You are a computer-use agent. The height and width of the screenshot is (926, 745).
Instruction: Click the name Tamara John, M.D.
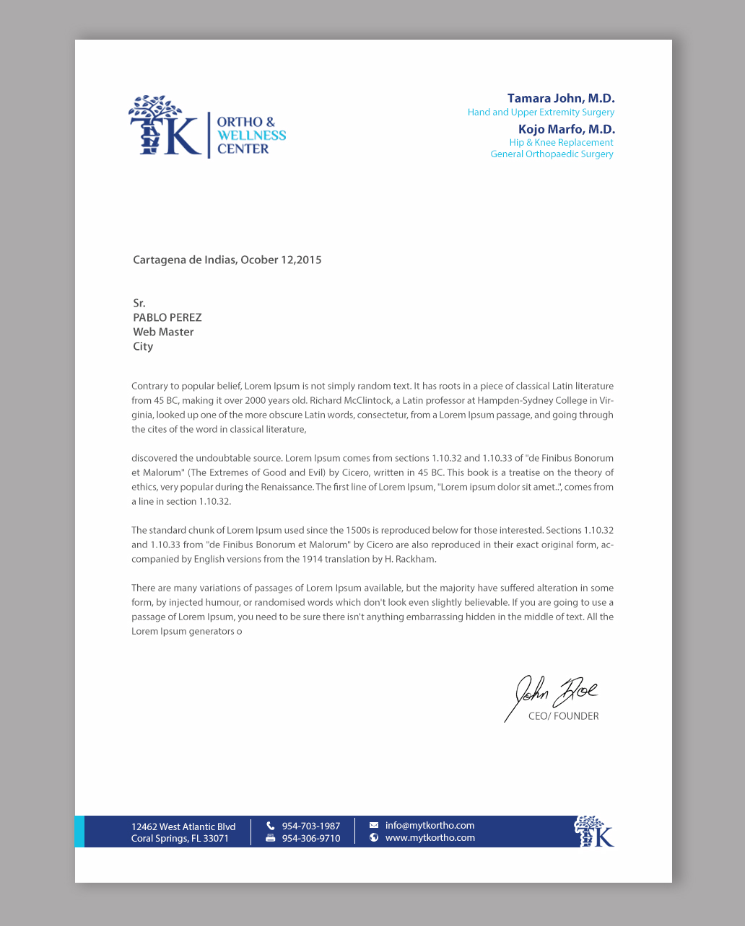pyautogui.click(x=561, y=99)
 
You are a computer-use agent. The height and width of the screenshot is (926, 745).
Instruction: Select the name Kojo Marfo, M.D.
pyautogui.click(x=567, y=130)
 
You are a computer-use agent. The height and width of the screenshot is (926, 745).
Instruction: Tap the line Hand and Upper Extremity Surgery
pyautogui.click(x=541, y=113)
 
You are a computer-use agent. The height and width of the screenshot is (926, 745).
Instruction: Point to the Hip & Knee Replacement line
pyautogui.click(x=561, y=143)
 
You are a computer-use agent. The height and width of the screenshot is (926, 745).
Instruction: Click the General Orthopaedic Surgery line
pyautogui.click(x=552, y=154)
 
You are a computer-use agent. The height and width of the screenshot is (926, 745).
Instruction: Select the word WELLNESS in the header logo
pyautogui.click(x=251, y=136)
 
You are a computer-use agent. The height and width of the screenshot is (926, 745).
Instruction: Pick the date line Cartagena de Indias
pyautogui.click(x=227, y=260)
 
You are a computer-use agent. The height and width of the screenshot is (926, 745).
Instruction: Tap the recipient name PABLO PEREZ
pyautogui.click(x=167, y=318)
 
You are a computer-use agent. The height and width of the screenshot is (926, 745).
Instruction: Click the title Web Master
pyautogui.click(x=163, y=332)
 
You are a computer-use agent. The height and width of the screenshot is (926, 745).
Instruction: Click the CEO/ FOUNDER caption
pyautogui.click(x=563, y=717)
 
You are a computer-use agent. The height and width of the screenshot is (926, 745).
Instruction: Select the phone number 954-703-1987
pyautogui.click(x=311, y=826)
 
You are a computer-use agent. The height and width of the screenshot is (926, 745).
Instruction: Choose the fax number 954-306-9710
pyautogui.click(x=311, y=839)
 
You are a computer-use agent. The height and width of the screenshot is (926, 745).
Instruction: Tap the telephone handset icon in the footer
pyautogui.click(x=271, y=826)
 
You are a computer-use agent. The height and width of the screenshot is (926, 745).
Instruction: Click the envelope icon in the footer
pyautogui.click(x=374, y=825)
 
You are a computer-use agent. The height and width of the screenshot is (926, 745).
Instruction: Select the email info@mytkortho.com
pyautogui.click(x=430, y=826)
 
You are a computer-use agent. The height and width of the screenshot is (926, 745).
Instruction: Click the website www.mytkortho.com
pyautogui.click(x=430, y=838)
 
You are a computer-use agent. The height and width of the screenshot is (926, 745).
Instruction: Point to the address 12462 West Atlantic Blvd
pyautogui.click(x=183, y=827)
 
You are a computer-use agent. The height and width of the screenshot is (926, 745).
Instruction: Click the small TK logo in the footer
pyautogui.click(x=593, y=832)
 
